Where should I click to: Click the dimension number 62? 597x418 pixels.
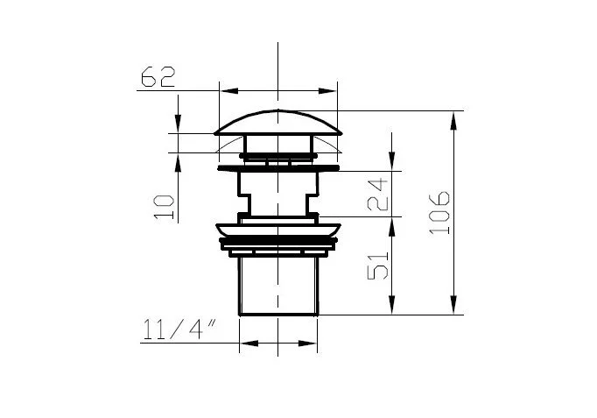(158, 76)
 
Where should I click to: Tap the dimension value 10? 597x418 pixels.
(164, 208)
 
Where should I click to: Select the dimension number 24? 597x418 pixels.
(377, 195)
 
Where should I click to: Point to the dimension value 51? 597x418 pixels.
(377, 266)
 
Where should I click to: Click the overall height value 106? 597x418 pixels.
(439, 213)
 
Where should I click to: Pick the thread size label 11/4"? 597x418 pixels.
(179, 329)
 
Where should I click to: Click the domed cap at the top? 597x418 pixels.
(278, 123)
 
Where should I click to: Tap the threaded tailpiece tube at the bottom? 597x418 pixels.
(278, 287)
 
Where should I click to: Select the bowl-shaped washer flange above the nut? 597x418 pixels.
(278, 230)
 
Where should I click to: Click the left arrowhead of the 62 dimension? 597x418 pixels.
(229, 90)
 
